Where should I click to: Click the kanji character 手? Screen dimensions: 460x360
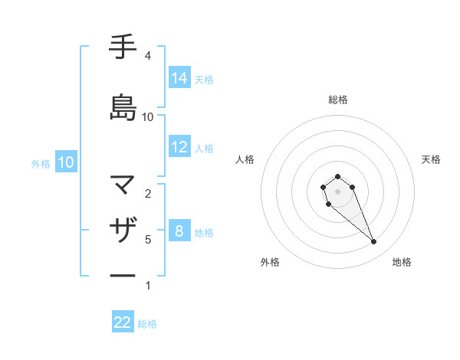[x=122, y=47]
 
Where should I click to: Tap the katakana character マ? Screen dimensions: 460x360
[x=122, y=185]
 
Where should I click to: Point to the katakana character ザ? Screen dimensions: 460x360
[x=122, y=230]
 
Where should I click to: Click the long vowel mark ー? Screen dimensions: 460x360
[x=122, y=275]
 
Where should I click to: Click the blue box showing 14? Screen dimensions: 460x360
[x=179, y=77]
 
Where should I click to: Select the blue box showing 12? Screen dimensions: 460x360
[x=179, y=147]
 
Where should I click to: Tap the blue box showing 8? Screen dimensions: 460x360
[x=179, y=231]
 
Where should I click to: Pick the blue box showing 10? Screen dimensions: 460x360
[x=65, y=162]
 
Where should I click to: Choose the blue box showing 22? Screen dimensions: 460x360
[x=123, y=322]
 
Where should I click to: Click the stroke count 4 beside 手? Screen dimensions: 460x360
[x=147, y=56]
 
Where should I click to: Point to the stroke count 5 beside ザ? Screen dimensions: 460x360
[x=147, y=240]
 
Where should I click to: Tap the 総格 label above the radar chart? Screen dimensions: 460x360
[x=338, y=100]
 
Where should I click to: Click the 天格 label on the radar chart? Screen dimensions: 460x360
[x=431, y=159]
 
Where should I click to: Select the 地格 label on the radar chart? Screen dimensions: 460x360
[x=402, y=262]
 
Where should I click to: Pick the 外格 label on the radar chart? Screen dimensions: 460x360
[x=270, y=262]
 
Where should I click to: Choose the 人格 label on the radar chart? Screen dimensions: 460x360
[x=245, y=159]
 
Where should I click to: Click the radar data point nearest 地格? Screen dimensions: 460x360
[x=373, y=242]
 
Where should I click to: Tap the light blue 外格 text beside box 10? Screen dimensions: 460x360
[x=41, y=163]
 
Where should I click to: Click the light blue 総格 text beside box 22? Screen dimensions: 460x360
[x=147, y=324]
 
